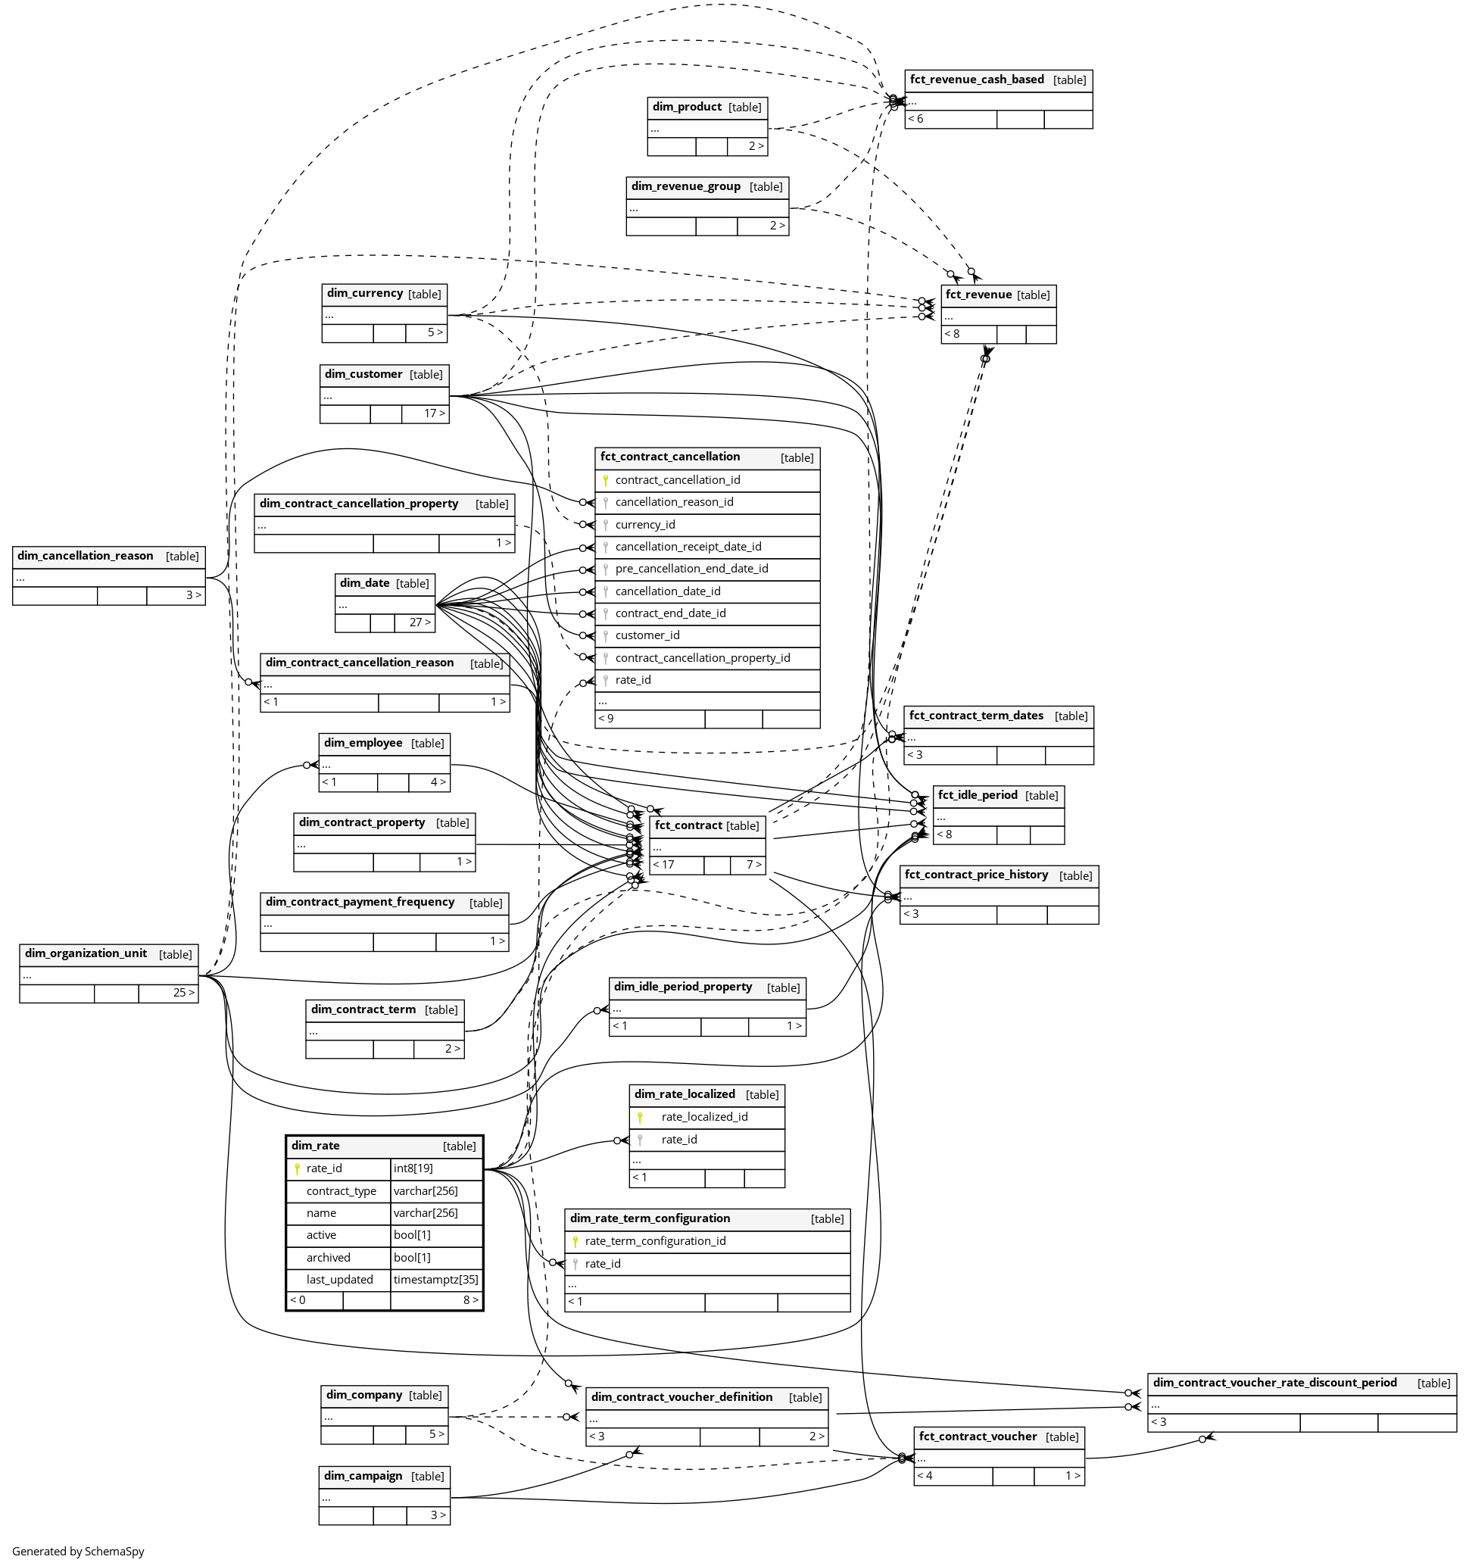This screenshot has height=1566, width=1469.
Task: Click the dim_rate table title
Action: point(316,1146)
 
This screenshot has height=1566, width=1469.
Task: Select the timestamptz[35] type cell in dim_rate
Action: point(435,1279)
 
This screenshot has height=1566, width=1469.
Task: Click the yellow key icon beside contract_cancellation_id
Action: point(606,481)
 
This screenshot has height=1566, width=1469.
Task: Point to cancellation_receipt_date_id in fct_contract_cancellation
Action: point(688,547)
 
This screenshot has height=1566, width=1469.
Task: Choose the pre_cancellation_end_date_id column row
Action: point(691,569)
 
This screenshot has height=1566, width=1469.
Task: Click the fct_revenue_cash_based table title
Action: point(977,80)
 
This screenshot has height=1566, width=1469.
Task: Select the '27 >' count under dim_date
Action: point(419,622)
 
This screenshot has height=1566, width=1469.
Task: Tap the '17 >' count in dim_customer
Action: point(434,413)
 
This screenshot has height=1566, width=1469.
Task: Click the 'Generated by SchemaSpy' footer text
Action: point(78,1551)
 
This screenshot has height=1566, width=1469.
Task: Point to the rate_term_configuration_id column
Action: point(655,1240)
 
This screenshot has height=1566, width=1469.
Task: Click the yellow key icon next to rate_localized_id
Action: point(641,1117)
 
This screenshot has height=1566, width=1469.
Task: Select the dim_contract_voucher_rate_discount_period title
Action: point(1274,1383)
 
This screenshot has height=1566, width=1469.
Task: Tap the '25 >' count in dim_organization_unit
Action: point(183,993)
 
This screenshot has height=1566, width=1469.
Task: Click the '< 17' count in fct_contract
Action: point(663,864)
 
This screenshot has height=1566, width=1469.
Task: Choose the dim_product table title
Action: point(687,107)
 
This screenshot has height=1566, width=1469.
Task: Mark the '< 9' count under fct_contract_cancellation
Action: point(606,719)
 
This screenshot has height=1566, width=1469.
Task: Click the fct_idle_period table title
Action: point(978,795)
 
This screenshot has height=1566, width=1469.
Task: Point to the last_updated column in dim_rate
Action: point(339,1279)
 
